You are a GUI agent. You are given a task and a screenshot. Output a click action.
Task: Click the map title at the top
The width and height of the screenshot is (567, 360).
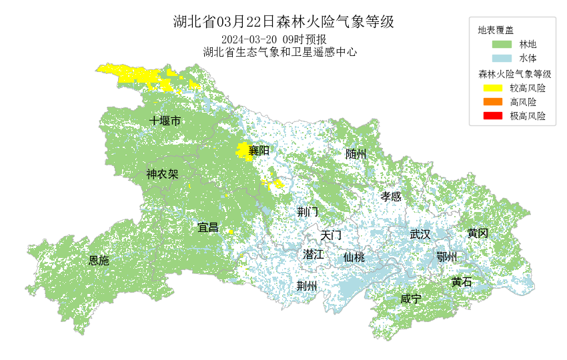coord(283,22)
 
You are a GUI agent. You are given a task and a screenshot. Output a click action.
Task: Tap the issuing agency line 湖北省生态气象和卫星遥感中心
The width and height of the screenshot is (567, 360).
coord(280,51)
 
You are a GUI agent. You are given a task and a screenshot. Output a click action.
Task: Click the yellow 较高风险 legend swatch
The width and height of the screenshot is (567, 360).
coord(493,87)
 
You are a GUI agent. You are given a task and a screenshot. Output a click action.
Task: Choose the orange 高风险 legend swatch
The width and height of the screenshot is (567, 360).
coord(493,101)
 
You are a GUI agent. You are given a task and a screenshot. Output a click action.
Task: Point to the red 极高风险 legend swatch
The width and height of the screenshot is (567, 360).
coord(493,116)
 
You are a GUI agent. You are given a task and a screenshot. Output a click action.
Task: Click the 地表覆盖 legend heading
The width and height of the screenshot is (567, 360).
coord(496,30)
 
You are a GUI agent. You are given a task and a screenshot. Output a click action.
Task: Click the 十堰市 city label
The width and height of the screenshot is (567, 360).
coord(165,121)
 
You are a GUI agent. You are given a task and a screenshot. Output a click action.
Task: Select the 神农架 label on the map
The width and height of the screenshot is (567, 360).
coord(163,175)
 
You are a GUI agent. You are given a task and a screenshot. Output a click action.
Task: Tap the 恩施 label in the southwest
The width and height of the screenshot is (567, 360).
coord(99,261)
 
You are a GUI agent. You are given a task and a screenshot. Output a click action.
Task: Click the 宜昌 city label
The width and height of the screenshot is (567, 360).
coord(208,227)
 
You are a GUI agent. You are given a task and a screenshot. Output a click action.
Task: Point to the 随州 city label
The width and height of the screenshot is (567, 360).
coord(356,154)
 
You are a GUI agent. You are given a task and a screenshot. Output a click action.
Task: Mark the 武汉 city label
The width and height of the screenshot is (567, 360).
coord(420,234)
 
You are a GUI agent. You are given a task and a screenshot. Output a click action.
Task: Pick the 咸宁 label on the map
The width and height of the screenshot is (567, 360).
coord(411,299)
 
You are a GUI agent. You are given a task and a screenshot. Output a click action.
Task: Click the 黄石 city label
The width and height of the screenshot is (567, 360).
coord(461,282)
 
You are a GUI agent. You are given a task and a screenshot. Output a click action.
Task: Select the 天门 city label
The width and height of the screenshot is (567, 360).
coord(331,235)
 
